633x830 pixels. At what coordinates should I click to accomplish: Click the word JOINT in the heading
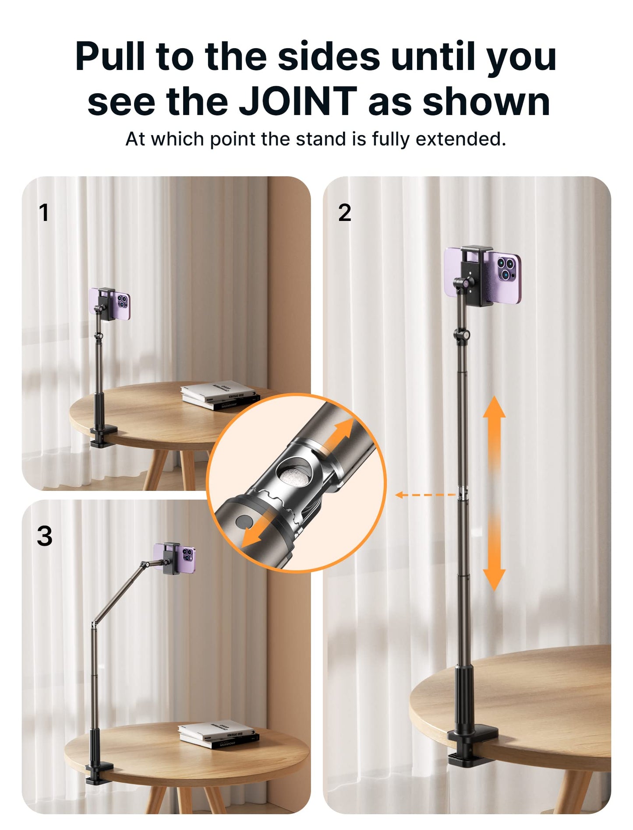297,102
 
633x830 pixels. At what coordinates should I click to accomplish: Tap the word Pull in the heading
110,56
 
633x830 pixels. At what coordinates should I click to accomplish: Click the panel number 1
43,213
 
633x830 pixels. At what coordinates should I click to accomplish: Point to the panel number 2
345,213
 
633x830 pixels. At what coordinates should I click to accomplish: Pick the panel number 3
44,536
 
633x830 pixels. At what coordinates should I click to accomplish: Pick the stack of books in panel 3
218,735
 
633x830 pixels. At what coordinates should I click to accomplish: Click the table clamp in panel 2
473,743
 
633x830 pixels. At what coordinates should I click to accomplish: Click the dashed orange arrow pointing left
425,495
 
